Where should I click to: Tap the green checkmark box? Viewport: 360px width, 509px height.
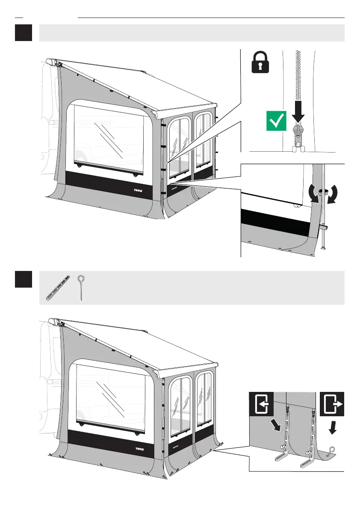276,121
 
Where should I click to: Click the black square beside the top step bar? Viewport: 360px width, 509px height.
24,33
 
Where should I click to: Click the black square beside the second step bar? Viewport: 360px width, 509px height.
24,279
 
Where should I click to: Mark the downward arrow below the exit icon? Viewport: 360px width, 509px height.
332,428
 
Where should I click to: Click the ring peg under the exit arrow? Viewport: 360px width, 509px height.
332,449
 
